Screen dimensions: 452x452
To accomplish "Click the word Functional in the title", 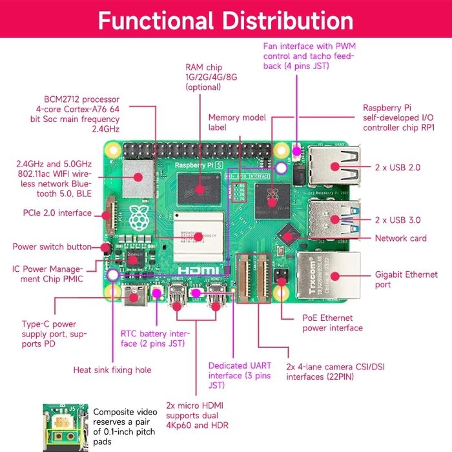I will (156, 21).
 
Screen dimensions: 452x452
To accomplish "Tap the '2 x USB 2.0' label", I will (398, 167).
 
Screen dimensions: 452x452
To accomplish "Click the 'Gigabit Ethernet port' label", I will (401, 279).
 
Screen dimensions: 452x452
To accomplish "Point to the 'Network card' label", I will (400, 238).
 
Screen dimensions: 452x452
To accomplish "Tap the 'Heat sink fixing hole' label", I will (112, 370).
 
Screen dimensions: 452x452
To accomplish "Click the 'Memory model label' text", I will (232, 123).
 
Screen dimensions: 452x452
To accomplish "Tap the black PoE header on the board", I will (282, 276).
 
